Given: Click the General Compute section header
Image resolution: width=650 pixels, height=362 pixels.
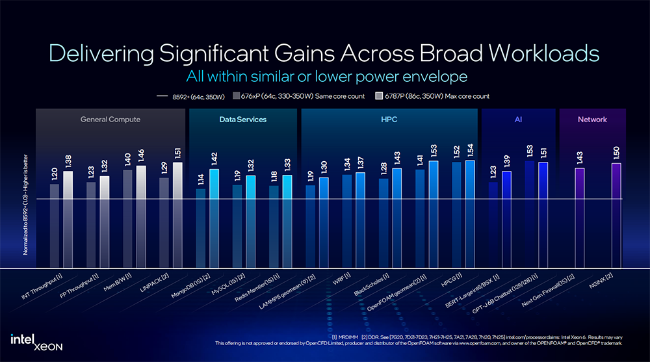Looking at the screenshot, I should pos(110,120).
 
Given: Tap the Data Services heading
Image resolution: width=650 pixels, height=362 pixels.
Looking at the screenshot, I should pos(242,120).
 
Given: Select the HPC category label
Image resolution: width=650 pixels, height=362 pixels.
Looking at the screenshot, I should pos(389,120).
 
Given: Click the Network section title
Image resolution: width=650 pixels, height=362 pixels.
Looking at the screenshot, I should pos(592,120).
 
